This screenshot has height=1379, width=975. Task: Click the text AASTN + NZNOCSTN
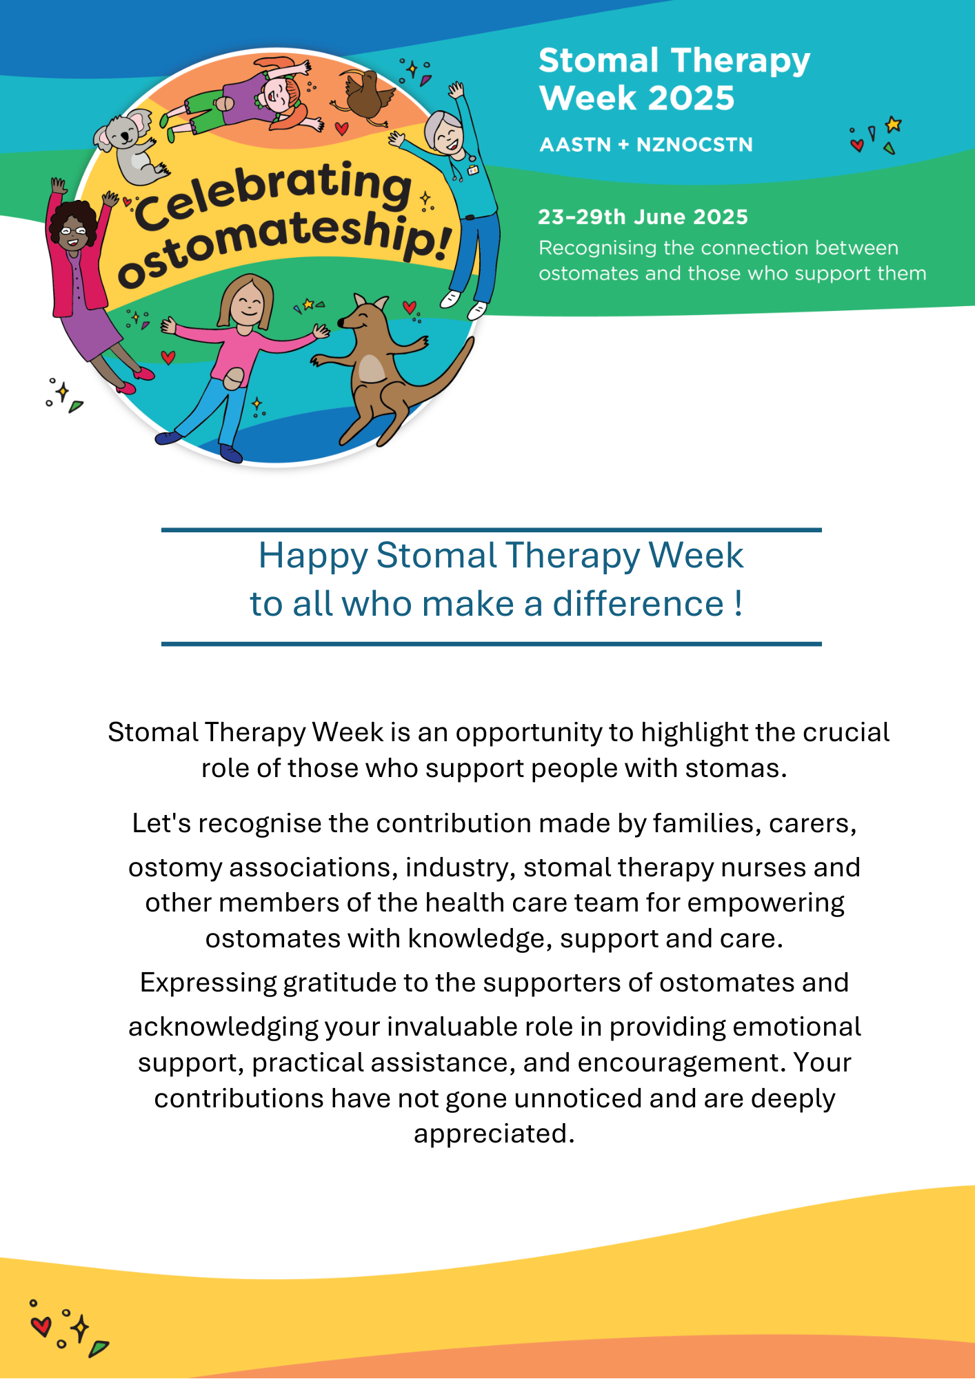coord(646,145)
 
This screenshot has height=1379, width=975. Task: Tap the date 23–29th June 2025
coord(643,217)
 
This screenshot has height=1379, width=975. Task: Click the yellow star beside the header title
coord(894,124)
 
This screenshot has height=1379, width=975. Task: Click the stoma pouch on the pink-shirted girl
coord(234,378)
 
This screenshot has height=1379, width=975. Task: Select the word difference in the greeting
coord(638,604)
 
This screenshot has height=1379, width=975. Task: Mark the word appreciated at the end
coord(494,1134)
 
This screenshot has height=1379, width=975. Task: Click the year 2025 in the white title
coord(692,98)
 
